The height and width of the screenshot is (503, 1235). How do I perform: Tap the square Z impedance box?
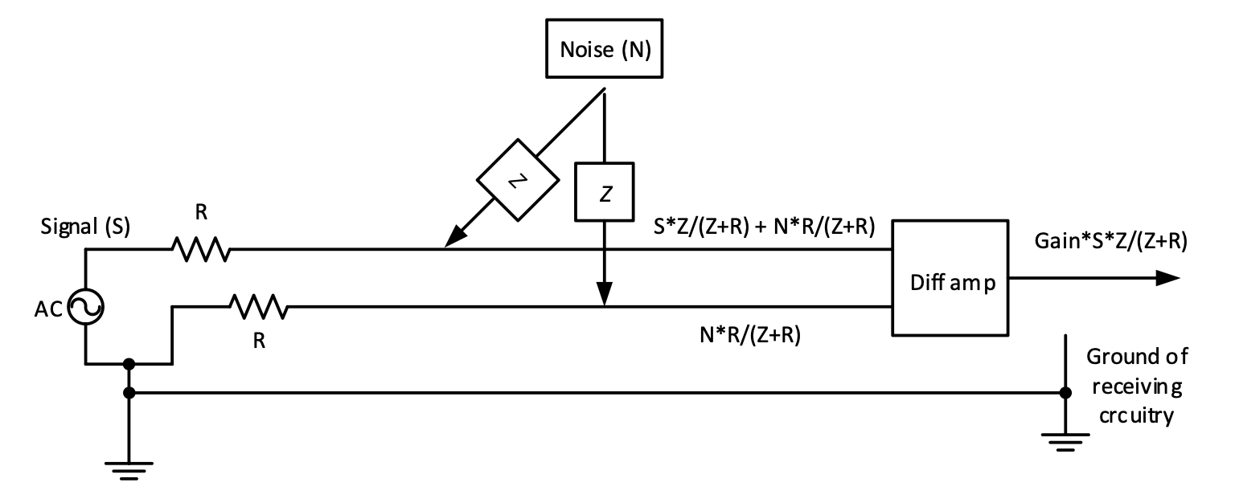(x=603, y=192)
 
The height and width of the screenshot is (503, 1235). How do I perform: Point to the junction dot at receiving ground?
(x=1065, y=394)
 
